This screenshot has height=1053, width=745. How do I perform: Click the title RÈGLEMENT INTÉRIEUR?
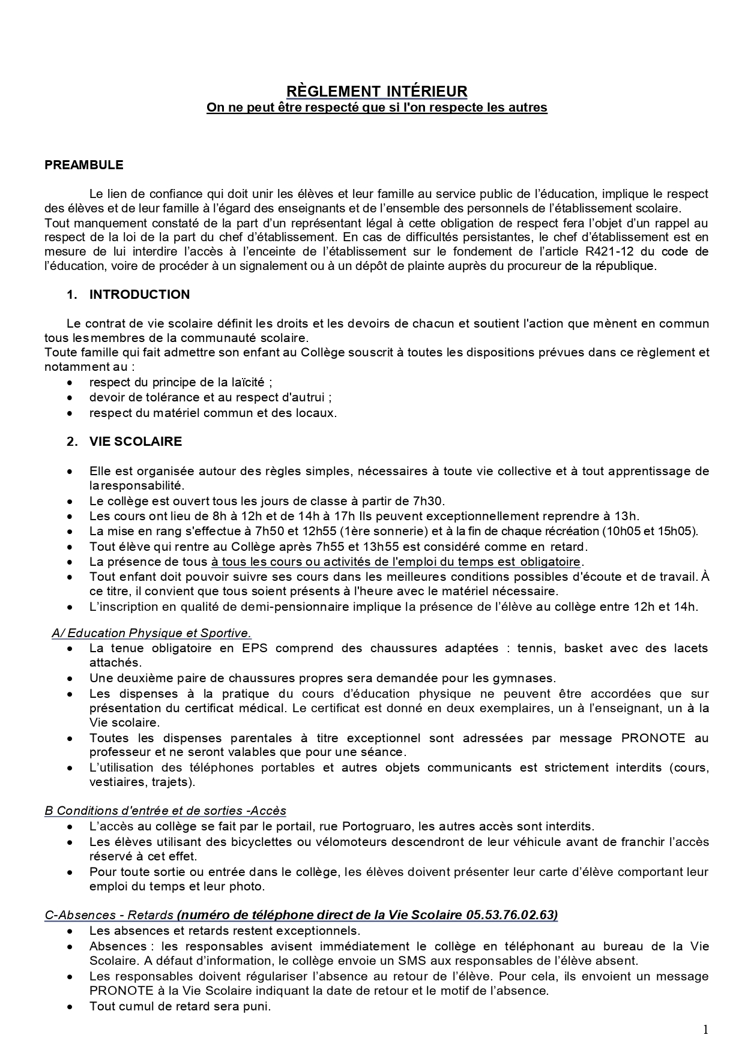tap(376, 91)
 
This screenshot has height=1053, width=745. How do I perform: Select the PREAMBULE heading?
tap(84, 165)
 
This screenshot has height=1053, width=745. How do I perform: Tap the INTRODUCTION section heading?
tap(139, 295)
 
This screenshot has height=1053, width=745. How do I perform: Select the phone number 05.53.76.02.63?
tap(511, 916)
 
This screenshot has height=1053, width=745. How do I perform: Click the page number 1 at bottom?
tap(705, 1030)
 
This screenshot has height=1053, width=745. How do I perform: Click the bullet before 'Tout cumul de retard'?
tap(71, 1006)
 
